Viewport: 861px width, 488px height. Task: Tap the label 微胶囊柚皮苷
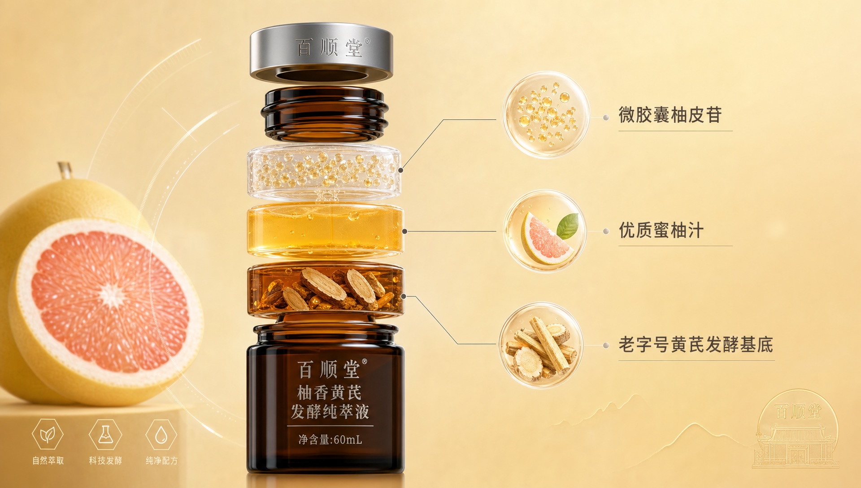pos(670,115)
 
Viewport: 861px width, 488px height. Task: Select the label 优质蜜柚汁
pos(661,230)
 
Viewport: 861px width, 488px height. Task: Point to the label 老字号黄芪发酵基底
pos(696,344)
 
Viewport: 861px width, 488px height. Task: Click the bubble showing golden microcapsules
pos(546,115)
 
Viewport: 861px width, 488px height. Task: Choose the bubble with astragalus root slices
pos(541,345)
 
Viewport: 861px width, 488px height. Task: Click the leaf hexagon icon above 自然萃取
pos(48,434)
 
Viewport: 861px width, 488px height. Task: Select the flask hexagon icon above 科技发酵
pos(105,434)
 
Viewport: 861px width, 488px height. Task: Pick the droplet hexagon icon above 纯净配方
pos(161,434)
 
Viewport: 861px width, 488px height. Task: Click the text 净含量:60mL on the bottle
pos(330,440)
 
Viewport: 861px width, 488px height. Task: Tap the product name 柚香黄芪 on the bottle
pos(330,392)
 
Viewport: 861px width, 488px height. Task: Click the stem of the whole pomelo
pos(65,170)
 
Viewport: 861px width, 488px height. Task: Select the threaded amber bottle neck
pos(325,114)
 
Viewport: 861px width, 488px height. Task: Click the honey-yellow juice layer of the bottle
pos(326,231)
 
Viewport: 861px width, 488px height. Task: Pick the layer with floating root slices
pos(326,289)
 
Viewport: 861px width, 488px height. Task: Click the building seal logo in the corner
pos(797,429)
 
